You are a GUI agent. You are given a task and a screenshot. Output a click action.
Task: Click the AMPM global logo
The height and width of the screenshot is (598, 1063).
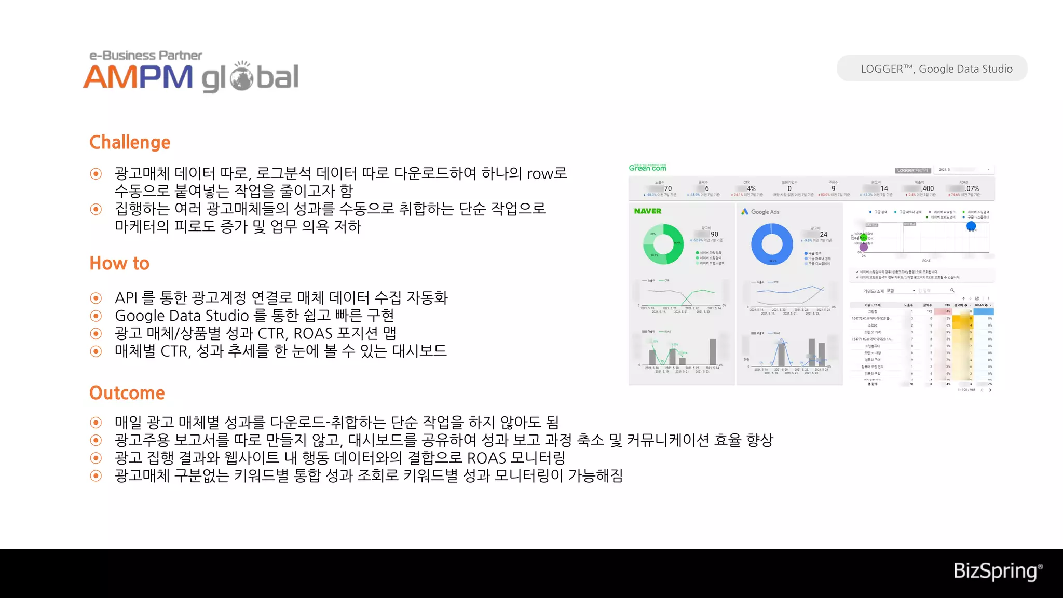click(x=191, y=73)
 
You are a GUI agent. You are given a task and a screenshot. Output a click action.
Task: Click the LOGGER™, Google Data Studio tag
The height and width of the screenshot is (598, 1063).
click(x=932, y=69)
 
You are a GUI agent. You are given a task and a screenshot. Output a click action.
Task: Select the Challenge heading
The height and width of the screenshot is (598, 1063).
click(x=130, y=142)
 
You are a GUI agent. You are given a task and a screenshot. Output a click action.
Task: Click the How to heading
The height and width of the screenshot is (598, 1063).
click(x=119, y=263)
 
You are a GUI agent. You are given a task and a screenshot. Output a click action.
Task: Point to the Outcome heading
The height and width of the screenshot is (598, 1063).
click(x=127, y=393)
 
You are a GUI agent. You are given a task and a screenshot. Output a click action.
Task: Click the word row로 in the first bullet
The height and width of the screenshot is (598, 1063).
click(x=547, y=173)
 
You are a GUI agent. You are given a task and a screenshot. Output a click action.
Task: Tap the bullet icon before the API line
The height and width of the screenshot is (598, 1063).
click(x=96, y=298)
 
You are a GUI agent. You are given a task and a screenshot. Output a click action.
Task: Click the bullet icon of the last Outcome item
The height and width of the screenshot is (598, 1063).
click(x=96, y=475)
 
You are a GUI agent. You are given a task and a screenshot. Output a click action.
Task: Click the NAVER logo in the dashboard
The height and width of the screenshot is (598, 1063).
click(x=648, y=211)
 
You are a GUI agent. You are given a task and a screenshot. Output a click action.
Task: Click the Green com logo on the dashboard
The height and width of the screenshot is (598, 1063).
click(x=647, y=168)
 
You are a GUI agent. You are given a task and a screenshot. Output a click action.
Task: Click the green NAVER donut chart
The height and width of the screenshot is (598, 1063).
click(x=663, y=244)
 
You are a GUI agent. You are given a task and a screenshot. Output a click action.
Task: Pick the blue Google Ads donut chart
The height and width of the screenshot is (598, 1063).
click(x=772, y=244)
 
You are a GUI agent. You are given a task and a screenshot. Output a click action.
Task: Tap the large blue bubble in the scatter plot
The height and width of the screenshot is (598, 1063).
click(x=971, y=226)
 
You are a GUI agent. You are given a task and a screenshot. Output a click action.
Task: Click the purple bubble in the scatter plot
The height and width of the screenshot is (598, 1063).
click(x=864, y=247)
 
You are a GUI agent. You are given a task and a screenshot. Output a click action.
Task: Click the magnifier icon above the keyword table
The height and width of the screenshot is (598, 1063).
click(x=952, y=290)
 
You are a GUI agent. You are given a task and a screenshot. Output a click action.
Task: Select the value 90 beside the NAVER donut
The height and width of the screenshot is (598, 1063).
click(x=714, y=234)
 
